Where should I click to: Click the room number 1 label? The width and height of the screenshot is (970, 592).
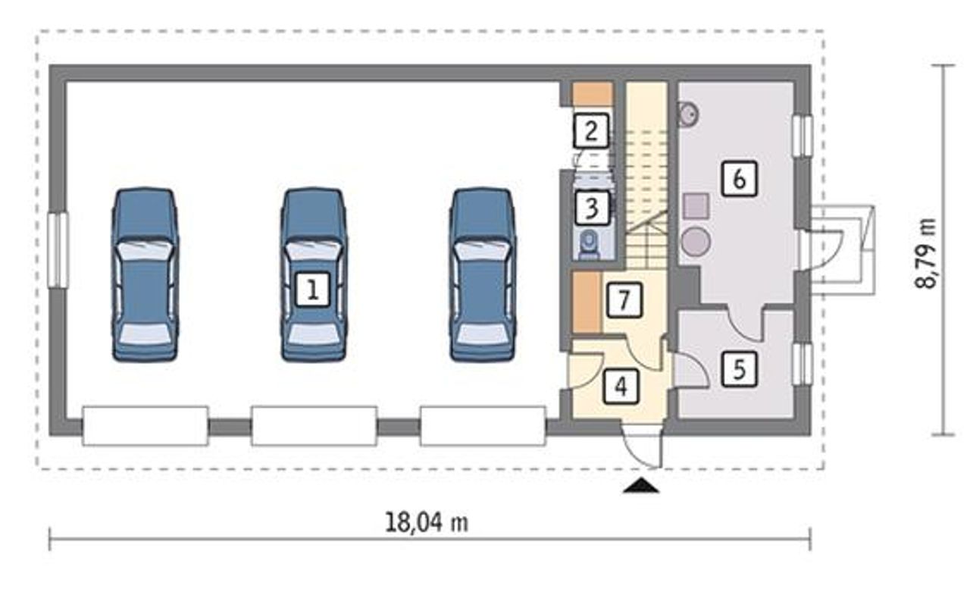click(x=313, y=289)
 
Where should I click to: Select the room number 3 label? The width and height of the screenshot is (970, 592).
click(x=593, y=208)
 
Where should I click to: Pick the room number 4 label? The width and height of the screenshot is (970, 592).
click(x=621, y=387)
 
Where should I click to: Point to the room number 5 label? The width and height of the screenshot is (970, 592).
click(x=740, y=369)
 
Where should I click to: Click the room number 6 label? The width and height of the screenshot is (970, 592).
click(x=740, y=178)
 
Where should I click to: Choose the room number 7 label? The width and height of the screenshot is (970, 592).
click(x=624, y=299)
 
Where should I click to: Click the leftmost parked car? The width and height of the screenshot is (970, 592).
click(x=145, y=274)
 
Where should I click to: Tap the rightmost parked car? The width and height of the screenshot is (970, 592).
click(x=483, y=274)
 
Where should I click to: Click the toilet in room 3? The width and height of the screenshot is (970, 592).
click(x=590, y=245)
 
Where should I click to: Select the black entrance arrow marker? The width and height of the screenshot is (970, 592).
click(x=641, y=486)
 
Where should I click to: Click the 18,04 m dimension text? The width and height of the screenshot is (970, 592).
click(x=427, y=522)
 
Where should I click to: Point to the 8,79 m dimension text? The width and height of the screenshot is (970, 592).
click(x=926, y=253)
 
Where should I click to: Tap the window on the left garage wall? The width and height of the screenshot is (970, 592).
click(x=58, y=250)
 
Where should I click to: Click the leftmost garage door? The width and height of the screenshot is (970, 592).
click(x=145, y=426)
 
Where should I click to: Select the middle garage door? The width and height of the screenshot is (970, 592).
click(x=314, y=426)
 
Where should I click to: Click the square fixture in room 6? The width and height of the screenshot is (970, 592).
click(x=696, y=206)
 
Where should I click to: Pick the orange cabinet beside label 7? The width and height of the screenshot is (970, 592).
click(x=587, y=302)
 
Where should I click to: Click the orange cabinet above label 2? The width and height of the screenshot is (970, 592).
click(x=593, y=93)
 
